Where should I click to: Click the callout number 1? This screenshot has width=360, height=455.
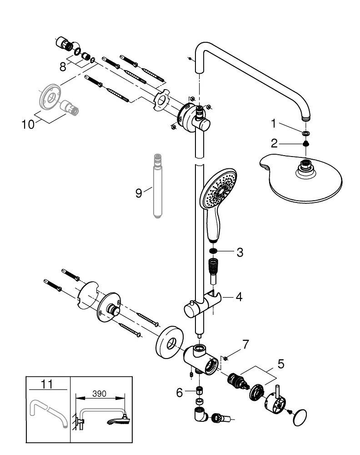point(273,124)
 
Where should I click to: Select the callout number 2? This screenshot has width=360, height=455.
point(274,143)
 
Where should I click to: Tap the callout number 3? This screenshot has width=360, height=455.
point(240,253)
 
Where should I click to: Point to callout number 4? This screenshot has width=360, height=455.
point(239,297)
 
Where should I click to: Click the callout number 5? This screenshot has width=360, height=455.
point(281,364)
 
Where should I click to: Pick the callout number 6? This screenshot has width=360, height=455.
point(180,393)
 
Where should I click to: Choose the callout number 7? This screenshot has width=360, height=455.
point(246,344)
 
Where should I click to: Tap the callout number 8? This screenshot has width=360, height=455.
point(63,67)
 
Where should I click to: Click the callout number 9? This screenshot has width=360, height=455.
point(139,193)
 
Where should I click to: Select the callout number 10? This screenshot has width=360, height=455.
point(28,125)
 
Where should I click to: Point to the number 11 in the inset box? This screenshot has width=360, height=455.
point(47,384)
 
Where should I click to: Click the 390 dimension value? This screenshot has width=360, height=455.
point(99,394)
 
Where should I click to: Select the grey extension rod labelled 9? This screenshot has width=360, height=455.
point(157,186)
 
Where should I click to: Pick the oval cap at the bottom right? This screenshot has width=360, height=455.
point(300,417)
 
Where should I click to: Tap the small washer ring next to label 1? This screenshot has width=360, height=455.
point(305,133)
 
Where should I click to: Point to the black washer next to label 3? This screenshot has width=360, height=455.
point(213,251)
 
